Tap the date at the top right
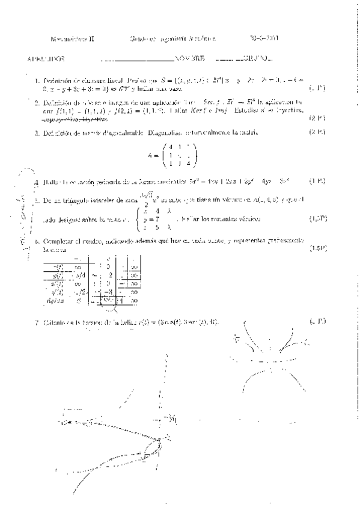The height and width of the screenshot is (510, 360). point(264,40)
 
